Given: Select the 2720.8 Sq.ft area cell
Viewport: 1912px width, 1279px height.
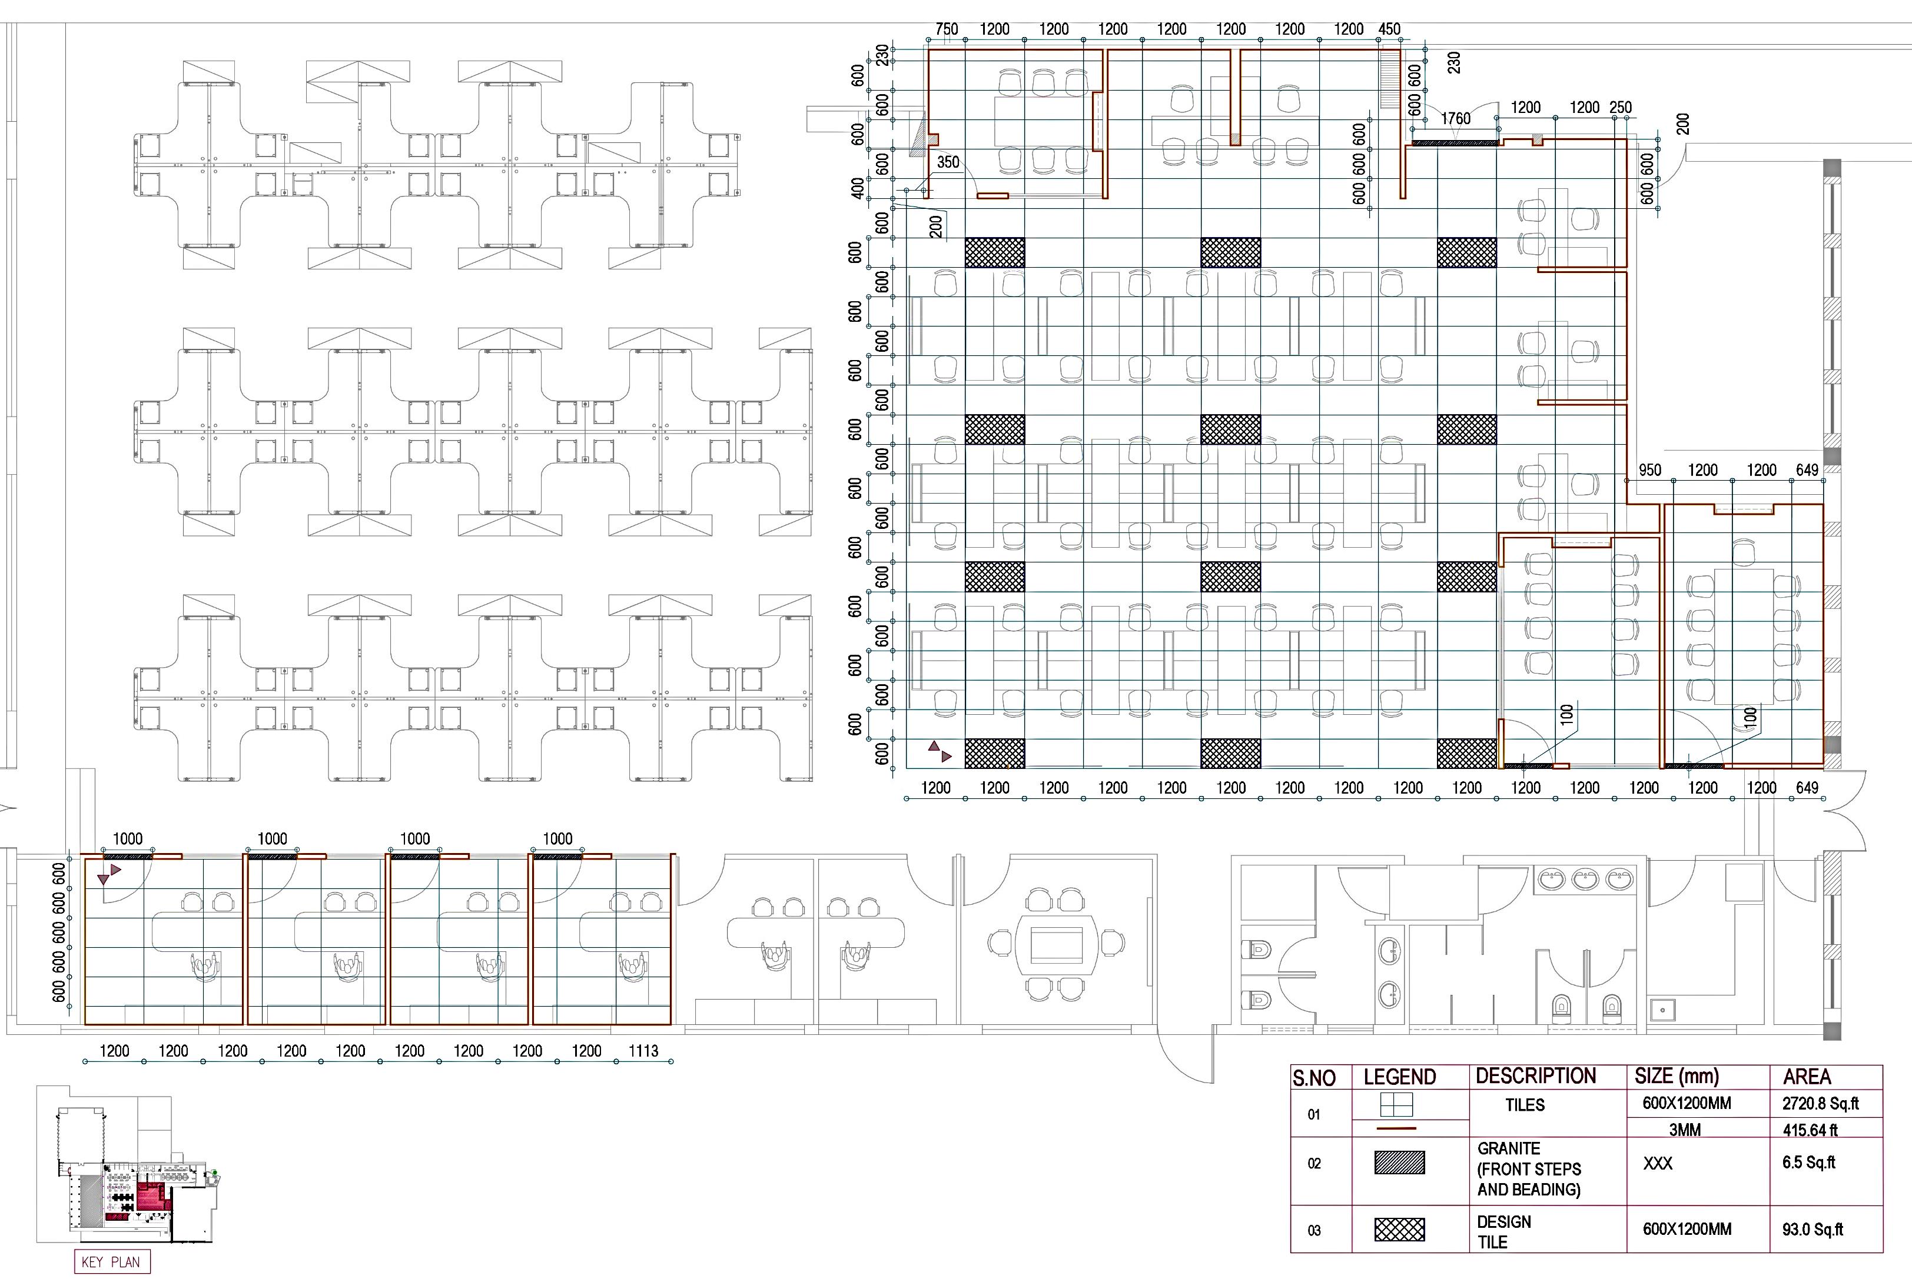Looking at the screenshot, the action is [x=1821, y=1104].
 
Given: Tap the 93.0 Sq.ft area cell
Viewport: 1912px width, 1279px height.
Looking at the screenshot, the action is [x=1813, y=1229].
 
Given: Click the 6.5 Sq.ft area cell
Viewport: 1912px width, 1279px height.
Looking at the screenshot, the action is [x=1808, y=1163].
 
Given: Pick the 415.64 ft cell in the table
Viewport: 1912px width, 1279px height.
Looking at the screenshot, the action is [x=1810, y=1130].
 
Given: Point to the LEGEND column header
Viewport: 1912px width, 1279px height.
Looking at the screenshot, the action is [x=1399, y=1077].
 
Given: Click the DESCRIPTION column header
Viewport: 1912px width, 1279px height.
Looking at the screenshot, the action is [x=1536, y=1076].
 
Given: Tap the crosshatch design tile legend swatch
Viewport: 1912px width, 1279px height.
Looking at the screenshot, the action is [x=1399, y=1229].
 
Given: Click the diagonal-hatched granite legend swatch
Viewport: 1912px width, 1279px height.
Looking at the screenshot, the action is [x=1399, y=1163].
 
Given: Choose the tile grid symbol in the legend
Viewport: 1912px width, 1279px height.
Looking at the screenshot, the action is [x=1396, y=1104].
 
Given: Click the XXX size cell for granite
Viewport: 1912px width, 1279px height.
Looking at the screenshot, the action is [x=1657, y=1163].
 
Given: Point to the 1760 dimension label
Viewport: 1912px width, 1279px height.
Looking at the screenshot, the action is [x=1455, y=119].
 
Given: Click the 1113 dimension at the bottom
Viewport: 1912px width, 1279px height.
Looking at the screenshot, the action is [x=643, y=1051].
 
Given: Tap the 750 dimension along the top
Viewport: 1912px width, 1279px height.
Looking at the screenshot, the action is [x=947, y=29].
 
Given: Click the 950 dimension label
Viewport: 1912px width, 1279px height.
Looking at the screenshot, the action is [x=1650, y=470].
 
